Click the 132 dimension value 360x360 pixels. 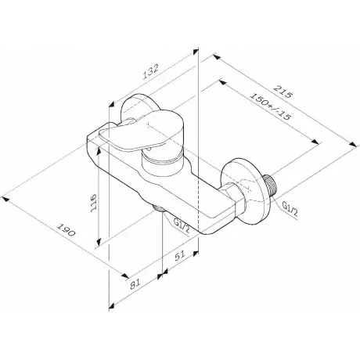(151, 72)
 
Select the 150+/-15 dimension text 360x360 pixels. (270, 106)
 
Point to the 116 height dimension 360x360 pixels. (93, 203)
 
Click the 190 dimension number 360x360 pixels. (66, 229)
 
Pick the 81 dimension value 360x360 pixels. (135, 284)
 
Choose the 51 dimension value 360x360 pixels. (180, 256)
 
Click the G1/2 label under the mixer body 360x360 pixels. (182, 226)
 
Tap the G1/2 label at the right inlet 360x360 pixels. (290, 209)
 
